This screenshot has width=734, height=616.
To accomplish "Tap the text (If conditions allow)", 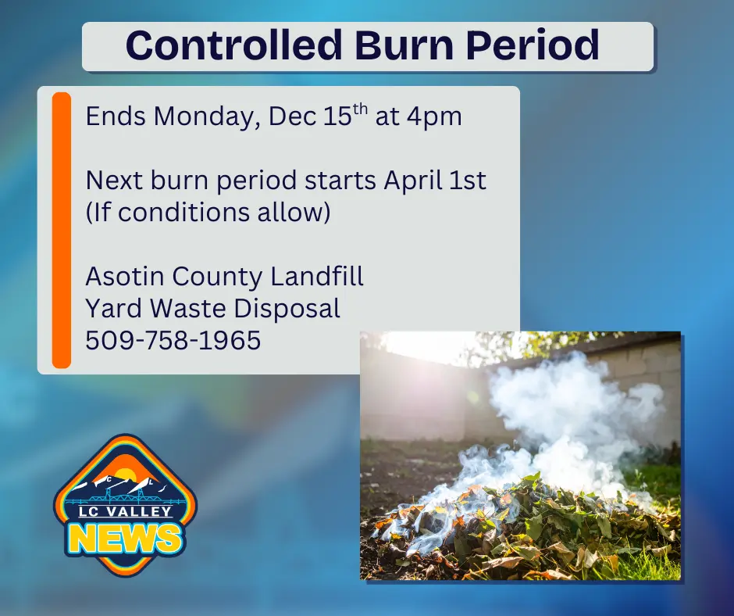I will pyautogui.click(x=208, y=212).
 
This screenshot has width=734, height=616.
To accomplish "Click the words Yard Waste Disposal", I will pyautogui.click(x=212, y=308).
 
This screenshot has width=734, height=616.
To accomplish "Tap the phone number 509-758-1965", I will pyautogui.click(x=173, y=340).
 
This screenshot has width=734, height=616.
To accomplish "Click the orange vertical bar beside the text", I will pyautogui.click(x=62, y=230).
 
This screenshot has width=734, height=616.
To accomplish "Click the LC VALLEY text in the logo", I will pyautogui.click(x=125, y=513).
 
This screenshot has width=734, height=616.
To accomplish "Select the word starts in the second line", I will pyautogui.click(x=340, y=181).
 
